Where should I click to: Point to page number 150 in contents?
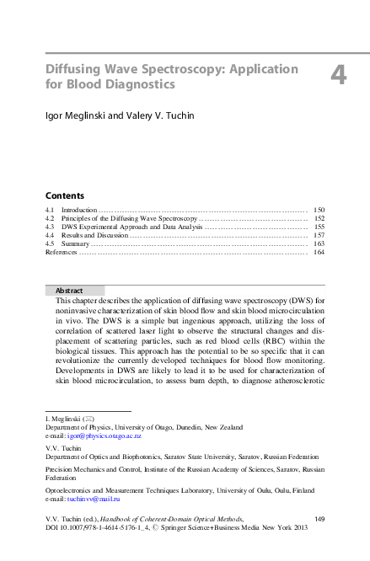click(319, 208)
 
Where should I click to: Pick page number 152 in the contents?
click(319, 217)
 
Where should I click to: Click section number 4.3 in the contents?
click(50, 227)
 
